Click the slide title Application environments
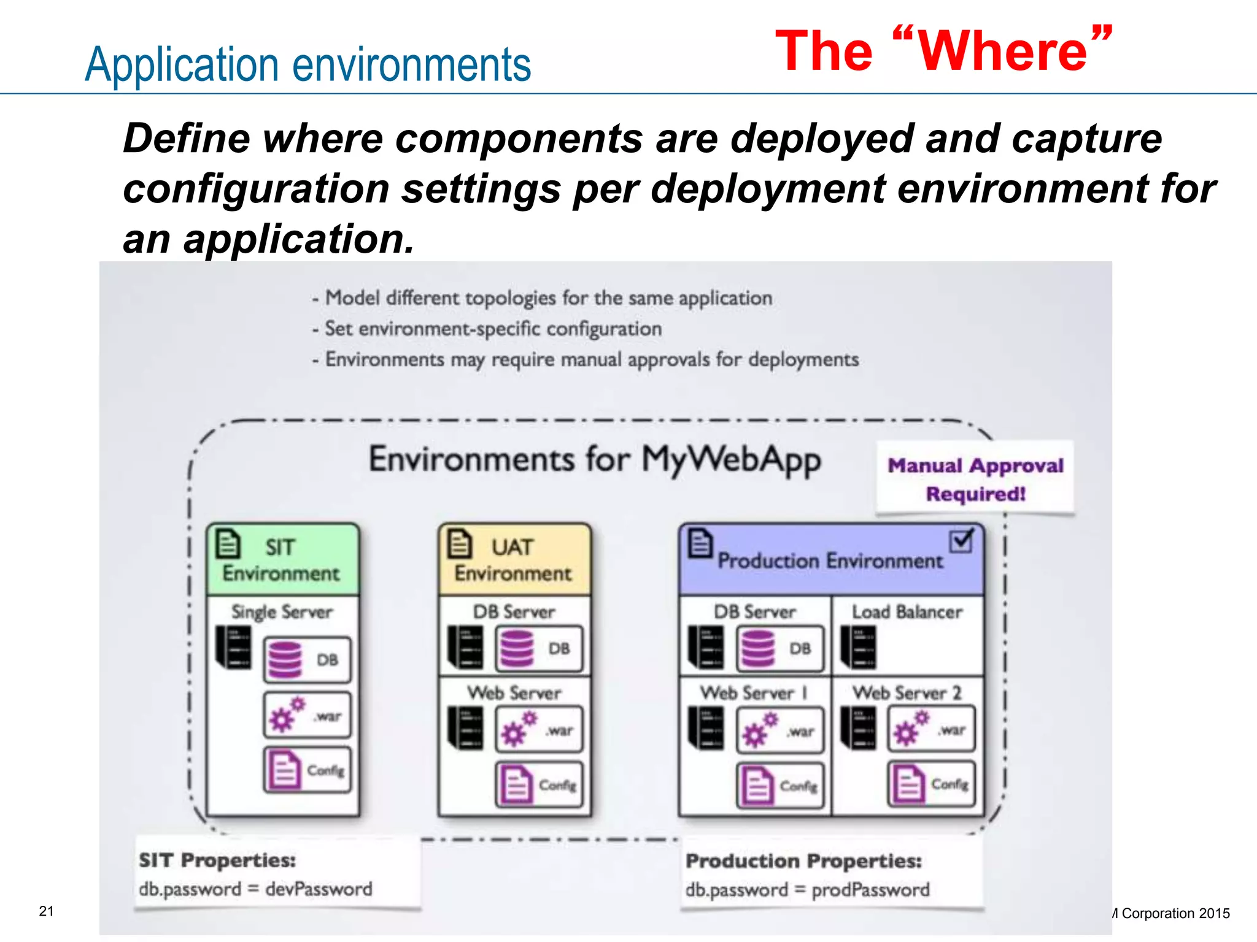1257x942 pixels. coord(307,64)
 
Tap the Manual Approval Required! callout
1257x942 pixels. coord(975,478)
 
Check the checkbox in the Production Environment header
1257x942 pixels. coord(961,540)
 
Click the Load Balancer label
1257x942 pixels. coord(907,611)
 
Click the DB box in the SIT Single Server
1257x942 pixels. coord(307,660)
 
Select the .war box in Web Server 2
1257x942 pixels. coord(931,730)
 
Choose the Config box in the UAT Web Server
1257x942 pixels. coord(539,784)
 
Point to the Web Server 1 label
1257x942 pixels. coord(754,693)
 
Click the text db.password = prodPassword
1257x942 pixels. coord(807,890)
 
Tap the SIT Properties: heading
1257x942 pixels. coord(217,860)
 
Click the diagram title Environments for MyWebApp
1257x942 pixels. coord(594,459)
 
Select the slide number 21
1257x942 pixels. coord(47,911)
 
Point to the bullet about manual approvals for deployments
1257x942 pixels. coord(592,359)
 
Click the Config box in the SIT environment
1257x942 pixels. coord(307,770)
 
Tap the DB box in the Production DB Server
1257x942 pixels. coord(780,648)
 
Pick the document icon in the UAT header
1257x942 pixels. coord(459,543)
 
